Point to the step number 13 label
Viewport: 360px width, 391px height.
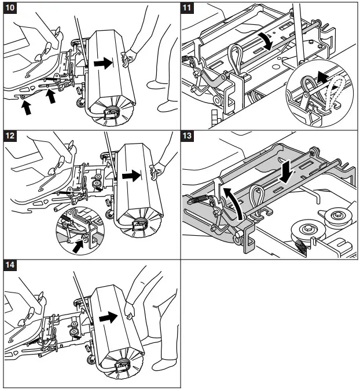click(189, 137)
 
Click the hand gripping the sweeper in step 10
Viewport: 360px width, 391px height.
click(129, 56)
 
